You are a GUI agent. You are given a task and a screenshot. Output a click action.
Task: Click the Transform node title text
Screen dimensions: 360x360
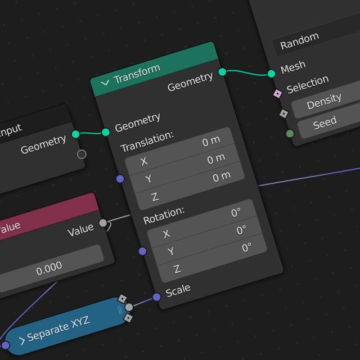[x=137, y=74]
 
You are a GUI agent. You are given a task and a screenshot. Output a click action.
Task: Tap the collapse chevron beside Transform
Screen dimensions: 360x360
[x=105, y=83]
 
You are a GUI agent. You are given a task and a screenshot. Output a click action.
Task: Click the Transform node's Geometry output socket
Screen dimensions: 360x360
[x=222, y=72]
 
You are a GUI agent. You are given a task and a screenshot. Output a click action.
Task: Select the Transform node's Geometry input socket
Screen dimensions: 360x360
[x=106, y=132]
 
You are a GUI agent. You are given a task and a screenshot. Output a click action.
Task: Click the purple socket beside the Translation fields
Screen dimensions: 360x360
[x=120, y=179]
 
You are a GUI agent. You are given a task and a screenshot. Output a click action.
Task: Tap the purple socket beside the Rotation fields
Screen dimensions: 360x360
[x=142, y=251]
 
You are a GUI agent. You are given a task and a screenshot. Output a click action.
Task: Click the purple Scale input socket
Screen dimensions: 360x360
[x=157, y=297]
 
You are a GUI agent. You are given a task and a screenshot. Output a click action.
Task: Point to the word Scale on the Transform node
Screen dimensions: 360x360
[x=178, y=290]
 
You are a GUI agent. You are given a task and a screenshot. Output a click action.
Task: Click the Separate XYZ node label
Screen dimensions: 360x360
[x=58, y=329]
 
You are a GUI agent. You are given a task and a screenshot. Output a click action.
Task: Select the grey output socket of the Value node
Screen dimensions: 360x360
[x=103, y=223]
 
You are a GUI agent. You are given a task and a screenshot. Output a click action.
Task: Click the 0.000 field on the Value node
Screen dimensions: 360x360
[x=49, y=269]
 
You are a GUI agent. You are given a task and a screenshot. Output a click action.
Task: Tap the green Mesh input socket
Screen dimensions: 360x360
[x=271, y=74]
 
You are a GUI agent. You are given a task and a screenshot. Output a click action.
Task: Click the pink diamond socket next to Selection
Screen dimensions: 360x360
[x=277, y=94]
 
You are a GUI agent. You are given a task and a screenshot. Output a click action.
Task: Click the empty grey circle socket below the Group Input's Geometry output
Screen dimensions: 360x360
[x=82, y=154]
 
